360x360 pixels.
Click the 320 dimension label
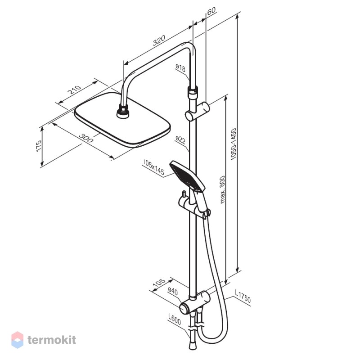(159, 40)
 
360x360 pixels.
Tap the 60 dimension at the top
(211, 11)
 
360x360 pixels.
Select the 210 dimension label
(74, 90)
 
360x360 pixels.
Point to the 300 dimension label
(86, 138)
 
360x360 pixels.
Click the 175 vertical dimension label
(39, 145)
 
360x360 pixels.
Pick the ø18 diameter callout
(180, 68)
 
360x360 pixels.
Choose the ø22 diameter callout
(180, 140)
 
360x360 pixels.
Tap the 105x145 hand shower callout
(153, 167)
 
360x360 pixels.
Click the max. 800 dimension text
(222, 189)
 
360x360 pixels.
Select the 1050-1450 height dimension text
(234, 144)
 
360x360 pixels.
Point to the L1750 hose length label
(243, 296)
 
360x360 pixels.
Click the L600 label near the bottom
(175, 319)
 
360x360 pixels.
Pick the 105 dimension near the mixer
(159, 282)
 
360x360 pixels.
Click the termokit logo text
(52, 340)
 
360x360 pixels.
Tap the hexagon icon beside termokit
(18, 340)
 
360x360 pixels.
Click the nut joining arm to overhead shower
(123, 112)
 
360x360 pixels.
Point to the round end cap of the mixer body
(185, 309)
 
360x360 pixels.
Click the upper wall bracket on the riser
(198, 111)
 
